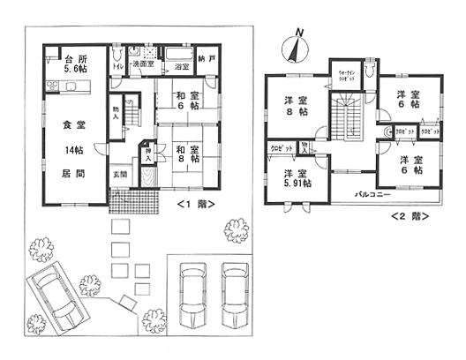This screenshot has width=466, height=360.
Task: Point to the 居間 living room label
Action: [62, 174]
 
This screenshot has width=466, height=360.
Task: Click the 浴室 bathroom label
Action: [182, 67]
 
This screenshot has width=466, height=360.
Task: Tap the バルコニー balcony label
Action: [373, 191]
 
